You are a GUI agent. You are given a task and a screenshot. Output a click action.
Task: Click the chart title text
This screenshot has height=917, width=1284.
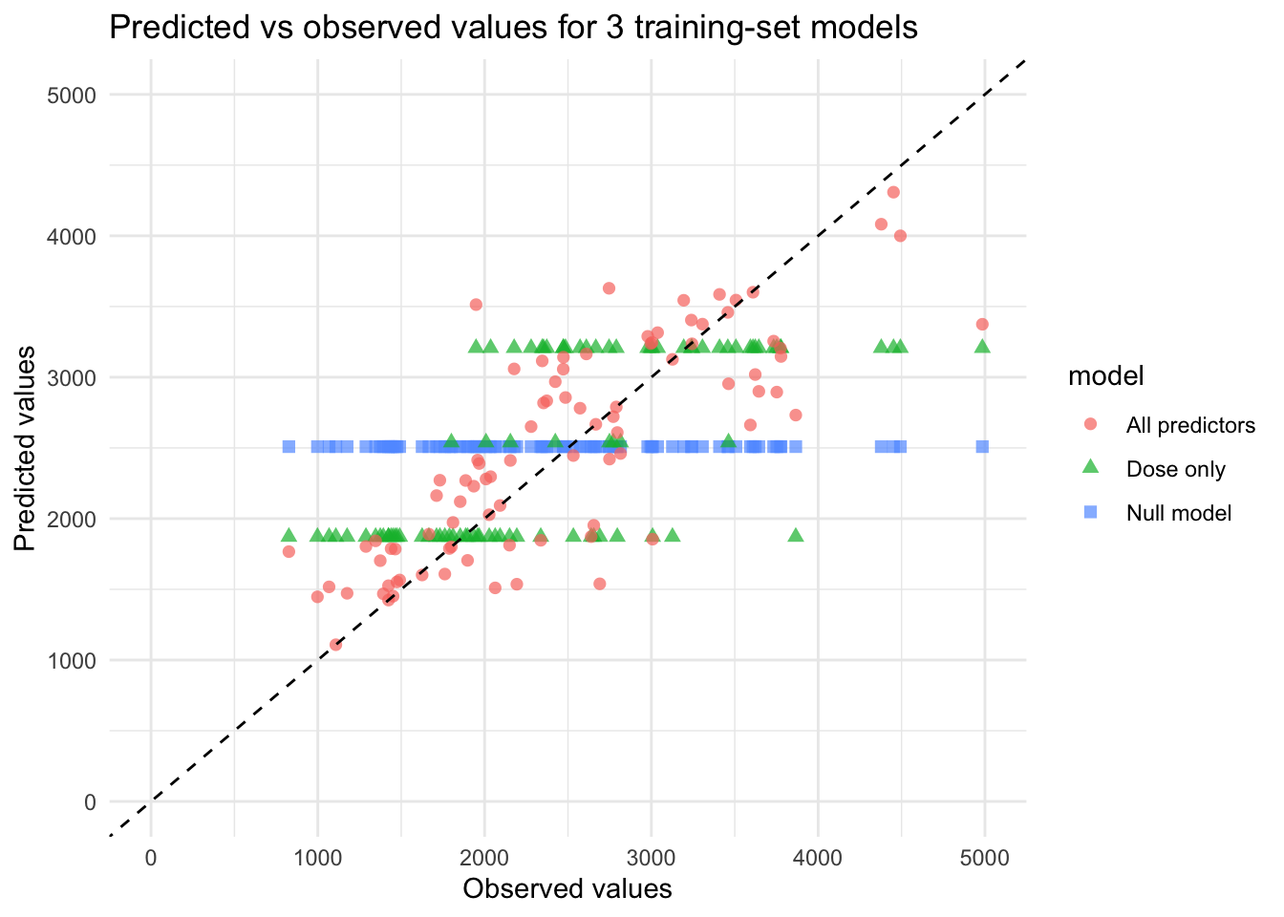513,28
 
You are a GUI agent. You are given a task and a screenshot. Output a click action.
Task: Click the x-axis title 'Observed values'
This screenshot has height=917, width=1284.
567,889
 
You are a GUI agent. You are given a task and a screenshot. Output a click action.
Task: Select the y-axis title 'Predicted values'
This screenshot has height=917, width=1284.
26,448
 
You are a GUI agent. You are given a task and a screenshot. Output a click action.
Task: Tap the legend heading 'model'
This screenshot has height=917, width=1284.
1105,376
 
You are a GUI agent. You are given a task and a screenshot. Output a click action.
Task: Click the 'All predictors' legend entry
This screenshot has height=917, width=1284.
1189,425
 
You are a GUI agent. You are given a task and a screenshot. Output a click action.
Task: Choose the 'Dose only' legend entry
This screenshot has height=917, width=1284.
1175,469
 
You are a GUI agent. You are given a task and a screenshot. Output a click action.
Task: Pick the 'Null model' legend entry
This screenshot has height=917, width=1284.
1178,513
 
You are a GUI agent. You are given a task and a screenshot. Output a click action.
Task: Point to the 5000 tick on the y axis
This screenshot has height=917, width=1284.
76,95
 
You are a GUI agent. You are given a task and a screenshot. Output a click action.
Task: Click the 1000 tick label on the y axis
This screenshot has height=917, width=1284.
76,660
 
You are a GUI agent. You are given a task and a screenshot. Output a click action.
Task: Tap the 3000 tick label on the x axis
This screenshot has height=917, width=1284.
652,858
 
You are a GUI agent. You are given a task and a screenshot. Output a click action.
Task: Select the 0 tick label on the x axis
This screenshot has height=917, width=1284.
151,858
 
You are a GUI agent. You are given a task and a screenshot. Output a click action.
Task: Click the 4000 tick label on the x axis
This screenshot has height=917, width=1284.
819,858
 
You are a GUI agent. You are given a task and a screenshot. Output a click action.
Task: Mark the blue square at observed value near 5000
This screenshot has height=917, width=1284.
982,446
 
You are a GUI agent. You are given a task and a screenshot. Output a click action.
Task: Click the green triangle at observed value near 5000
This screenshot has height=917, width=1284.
982,346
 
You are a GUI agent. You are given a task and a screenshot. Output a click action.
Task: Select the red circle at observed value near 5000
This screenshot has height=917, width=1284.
982,324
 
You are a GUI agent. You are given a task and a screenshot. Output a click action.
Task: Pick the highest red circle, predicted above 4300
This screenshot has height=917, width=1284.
893,192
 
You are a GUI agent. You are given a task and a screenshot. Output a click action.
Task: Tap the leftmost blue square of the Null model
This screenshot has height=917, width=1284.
289,446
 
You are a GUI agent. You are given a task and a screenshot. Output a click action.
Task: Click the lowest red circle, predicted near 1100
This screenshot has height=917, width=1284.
335,645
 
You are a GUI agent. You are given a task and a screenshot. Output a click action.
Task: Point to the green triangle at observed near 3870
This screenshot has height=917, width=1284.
796,535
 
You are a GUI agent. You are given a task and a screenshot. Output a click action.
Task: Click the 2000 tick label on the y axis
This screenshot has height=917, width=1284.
76,519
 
